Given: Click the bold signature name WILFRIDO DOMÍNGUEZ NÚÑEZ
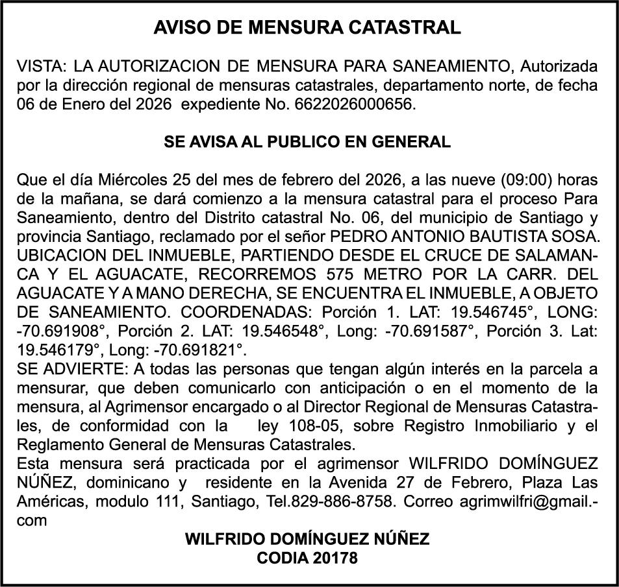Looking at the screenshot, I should [x=308, y=539].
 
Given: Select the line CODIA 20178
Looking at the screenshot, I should [x=308, y=558].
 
